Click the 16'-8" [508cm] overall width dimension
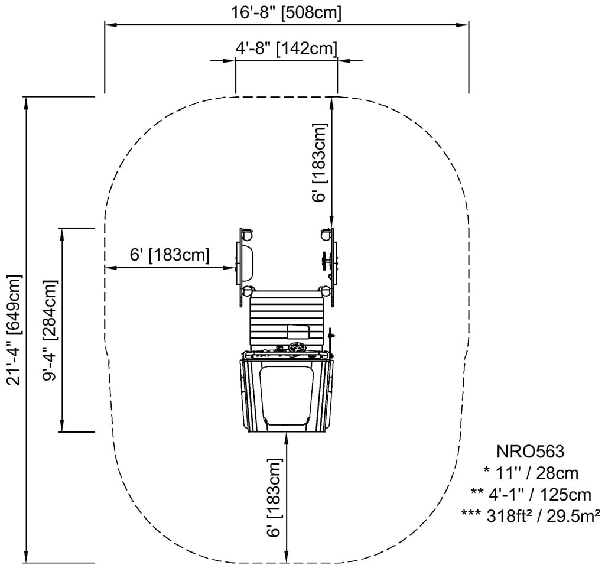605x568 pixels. (286, 13)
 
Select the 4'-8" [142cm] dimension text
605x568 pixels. (287, 49)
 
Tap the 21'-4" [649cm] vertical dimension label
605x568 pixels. (15, 330)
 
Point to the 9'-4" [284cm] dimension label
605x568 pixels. (50, 330)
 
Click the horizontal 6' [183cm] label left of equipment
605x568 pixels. (170, 255)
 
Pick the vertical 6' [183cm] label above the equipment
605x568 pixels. (320, 163)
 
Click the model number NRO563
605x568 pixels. (530, 451)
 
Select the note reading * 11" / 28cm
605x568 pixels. (531, 473)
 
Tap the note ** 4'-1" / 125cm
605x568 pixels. (531, 494)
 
